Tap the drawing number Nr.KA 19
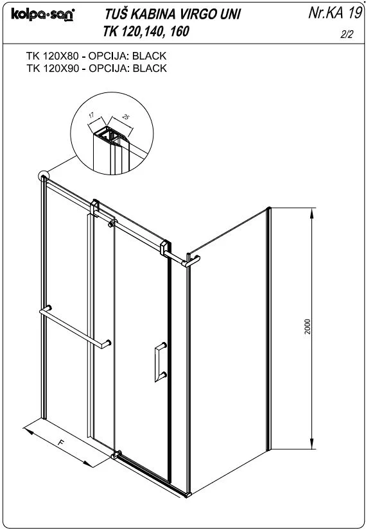[335, 13]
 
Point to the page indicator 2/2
[346, 34]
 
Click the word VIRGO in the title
[195, 14]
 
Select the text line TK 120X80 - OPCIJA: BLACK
[96, 56]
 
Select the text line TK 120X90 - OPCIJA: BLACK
[96, 68]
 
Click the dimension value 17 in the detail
[91, 115]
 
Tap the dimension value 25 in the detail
[125, 117]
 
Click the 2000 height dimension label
[307, 327]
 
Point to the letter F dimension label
[61, 442]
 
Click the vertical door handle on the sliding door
[161, 362]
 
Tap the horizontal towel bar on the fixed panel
[75, 327]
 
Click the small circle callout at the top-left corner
[44, 176]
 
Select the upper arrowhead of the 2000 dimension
[312, 214]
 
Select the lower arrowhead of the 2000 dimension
[312, 443]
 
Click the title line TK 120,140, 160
[146, 31]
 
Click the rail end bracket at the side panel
[191, 261]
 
